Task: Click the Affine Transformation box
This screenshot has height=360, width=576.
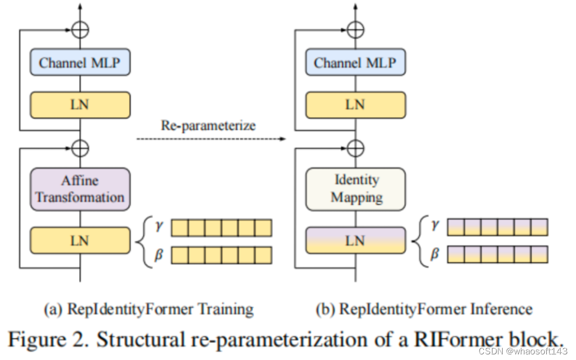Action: (80, 189)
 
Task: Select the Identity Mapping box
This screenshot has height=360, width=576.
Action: (355, 189)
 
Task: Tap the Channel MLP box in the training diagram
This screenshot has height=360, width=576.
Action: (80, 63)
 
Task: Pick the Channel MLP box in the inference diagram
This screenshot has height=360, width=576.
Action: (355, 63)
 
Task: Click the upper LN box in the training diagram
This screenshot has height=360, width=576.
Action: (80, 105)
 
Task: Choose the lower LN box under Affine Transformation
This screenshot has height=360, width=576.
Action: (80, 241)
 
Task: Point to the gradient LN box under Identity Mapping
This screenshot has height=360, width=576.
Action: (355, 241)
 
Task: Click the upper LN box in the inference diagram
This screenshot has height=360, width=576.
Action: (355, 105)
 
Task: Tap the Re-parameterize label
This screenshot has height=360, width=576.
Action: (208, 125)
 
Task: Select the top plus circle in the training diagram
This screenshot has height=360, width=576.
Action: (81, 29)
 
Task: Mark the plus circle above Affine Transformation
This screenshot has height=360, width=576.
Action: (81, 148)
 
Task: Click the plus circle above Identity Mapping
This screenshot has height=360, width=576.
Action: (355, 148)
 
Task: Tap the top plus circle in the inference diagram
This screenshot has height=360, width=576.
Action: (355, 29)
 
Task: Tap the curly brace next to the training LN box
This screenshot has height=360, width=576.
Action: (142, 241)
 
